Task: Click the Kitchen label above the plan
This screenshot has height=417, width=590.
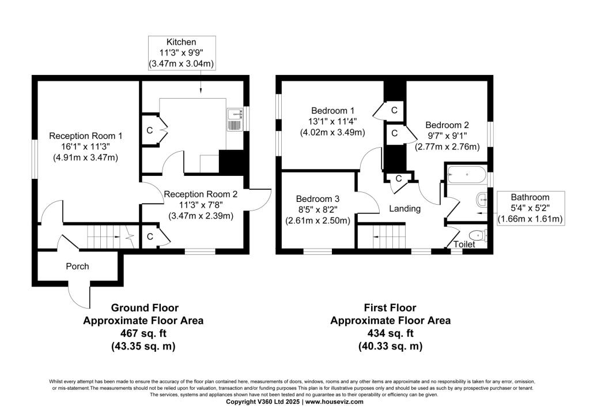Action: point(181,42)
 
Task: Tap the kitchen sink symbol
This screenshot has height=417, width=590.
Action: point(235,119)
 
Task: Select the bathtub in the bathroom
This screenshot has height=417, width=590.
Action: point(466,174)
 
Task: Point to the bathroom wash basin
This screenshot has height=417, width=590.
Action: point(482,200)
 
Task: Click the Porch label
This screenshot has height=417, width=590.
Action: point(78,266)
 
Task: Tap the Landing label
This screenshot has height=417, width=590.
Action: point(405,209)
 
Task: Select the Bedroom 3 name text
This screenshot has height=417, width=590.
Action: point(317,199)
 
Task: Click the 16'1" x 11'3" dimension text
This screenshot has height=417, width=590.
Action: point(85,146)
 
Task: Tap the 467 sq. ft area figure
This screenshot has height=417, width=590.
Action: point(143,333)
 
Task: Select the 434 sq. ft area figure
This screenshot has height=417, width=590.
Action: point(390,333)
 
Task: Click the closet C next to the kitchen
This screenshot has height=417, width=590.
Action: point(150,130)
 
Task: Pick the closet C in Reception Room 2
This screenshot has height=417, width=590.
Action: point(150,236)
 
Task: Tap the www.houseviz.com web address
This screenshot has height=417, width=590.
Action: point(335,402)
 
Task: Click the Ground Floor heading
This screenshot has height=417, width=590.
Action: point(145,308)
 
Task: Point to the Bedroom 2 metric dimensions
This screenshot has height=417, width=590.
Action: point(447,146)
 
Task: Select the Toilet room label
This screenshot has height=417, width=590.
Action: point(464,244)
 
